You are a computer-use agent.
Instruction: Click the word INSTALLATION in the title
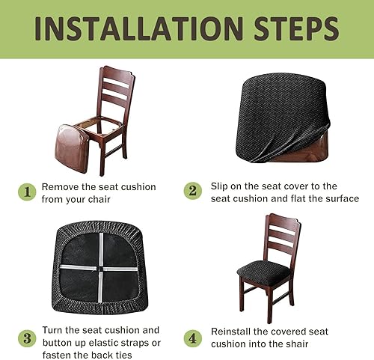pyautogui.click(x=138, y=28)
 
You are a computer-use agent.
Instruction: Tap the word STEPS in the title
pyautogui.click(x=296, y=28)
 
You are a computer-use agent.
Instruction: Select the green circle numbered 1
pyautogui.click(x=27, y=192)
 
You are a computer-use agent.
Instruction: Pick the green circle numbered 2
pyautogui.click(x=193, y=191)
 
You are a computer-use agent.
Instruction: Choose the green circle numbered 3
pyautogui.click(x=27, y=338)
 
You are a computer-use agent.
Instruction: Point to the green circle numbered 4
pyautogui.click(x=193, y=338)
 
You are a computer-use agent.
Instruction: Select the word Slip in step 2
pyautogui.click(x=219, y=186)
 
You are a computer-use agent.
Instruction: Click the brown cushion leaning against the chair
pyautogui.click(x=72, y=148)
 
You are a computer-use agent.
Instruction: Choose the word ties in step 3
pyautogui.click(x=123, y=355)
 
